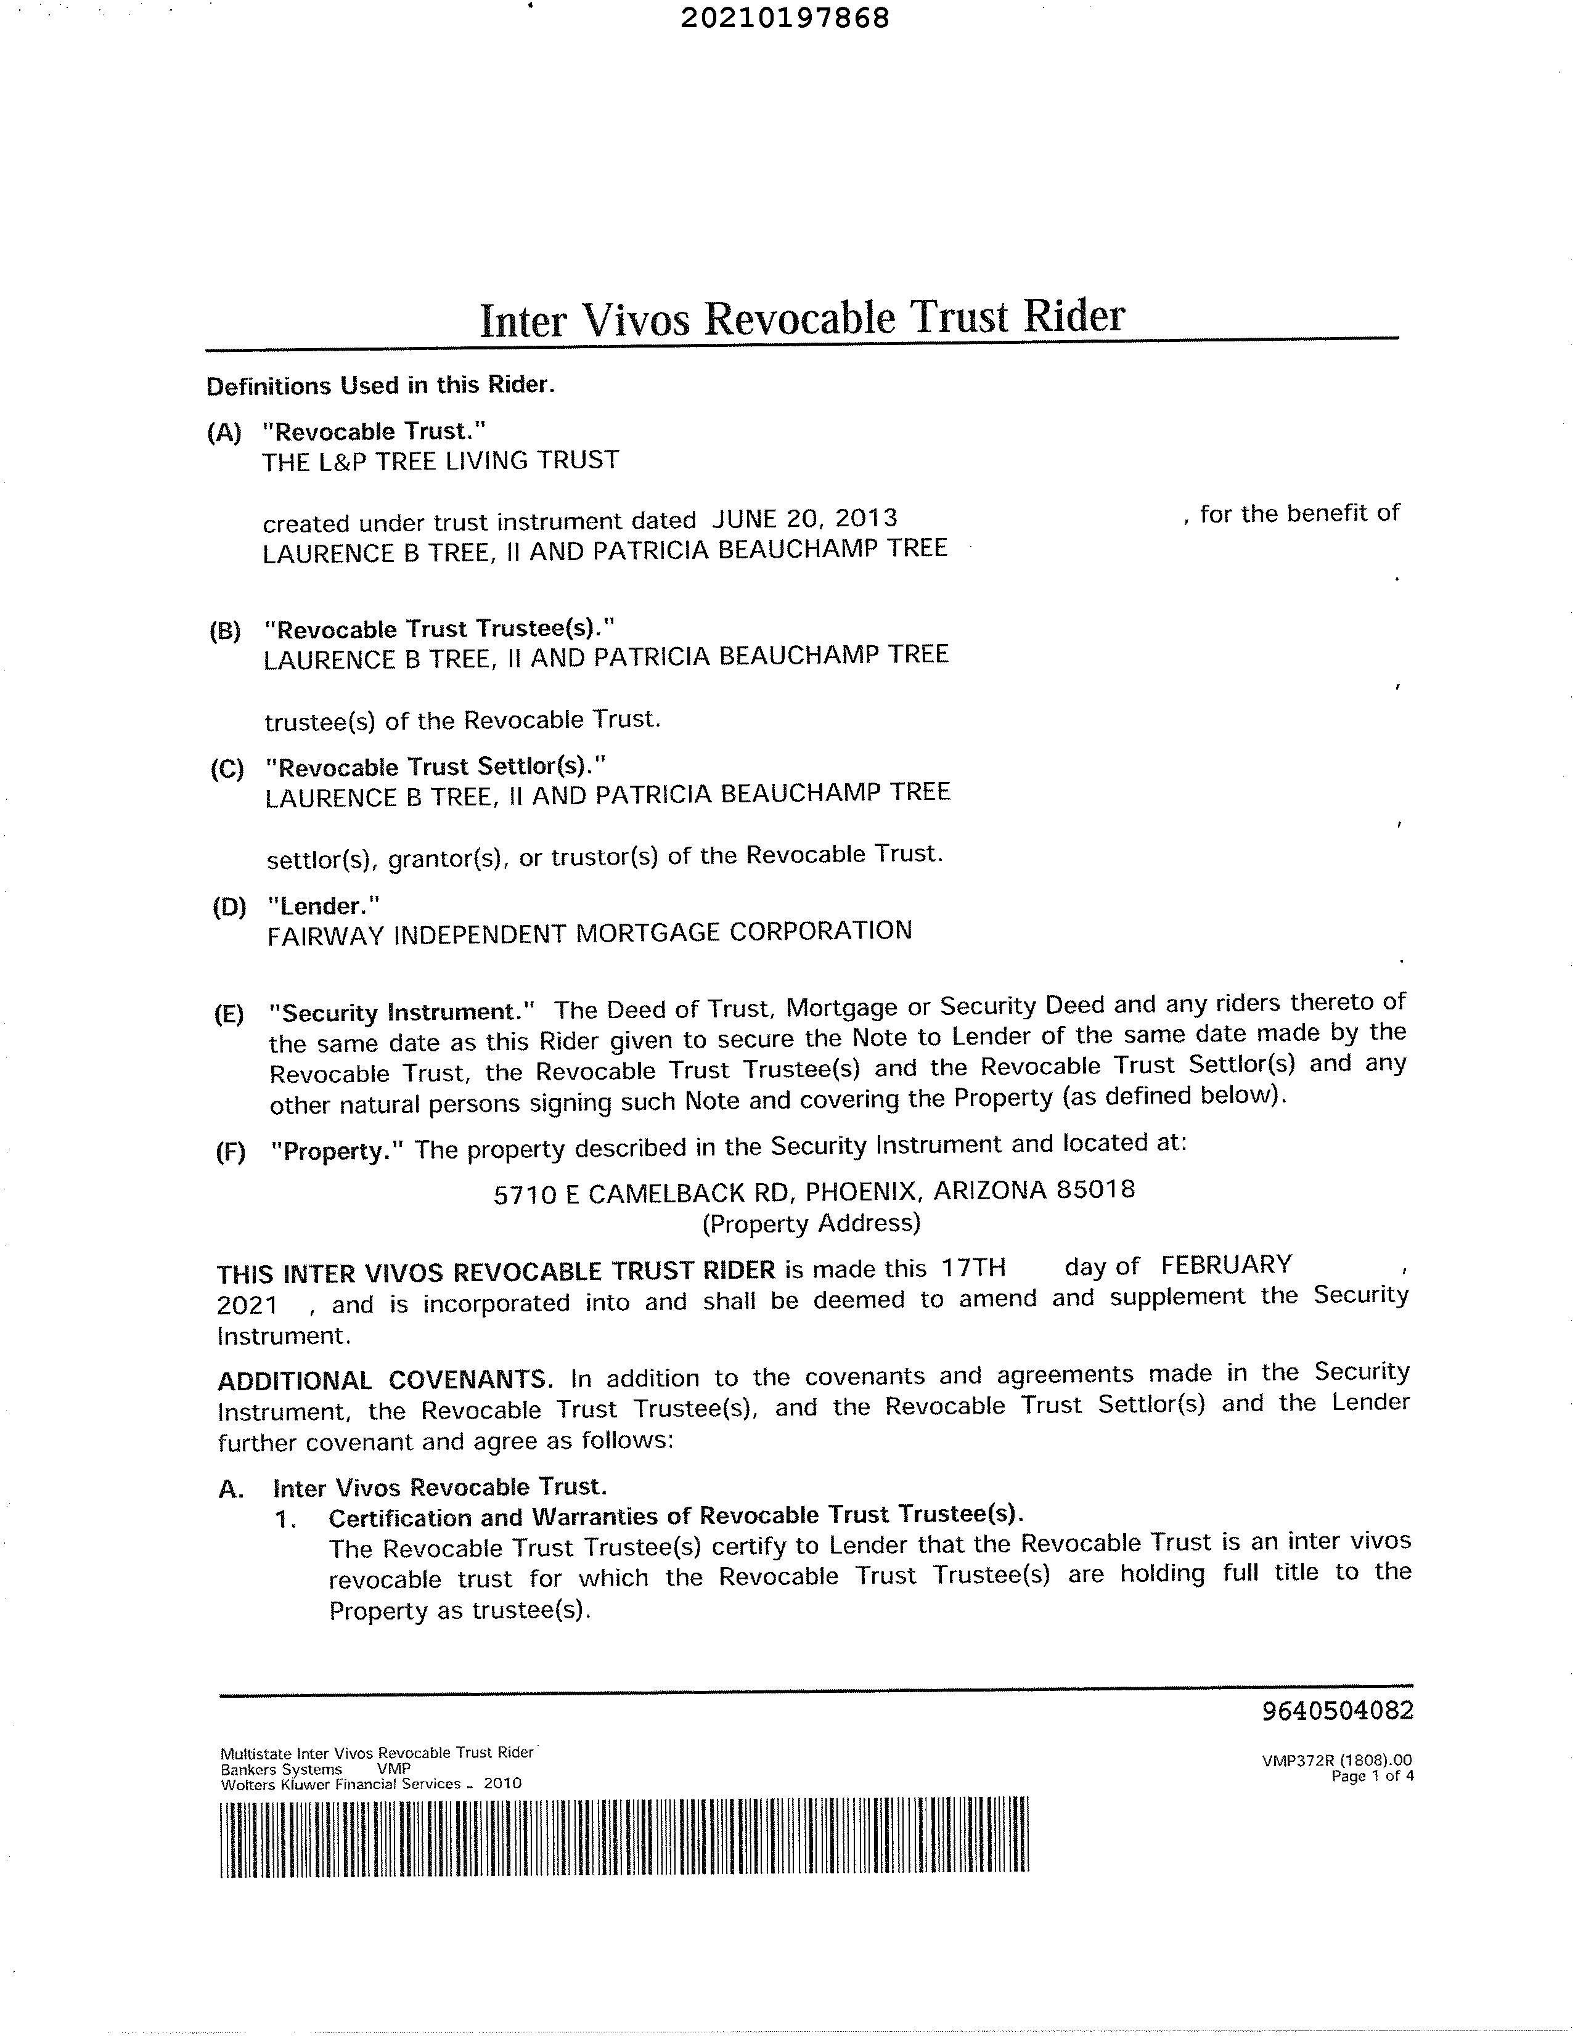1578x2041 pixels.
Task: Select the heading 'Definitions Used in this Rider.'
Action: (x=380, y=386)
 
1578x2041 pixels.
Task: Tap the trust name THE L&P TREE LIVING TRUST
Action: (x=440, y=461)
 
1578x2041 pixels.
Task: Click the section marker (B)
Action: (x=224, y=631)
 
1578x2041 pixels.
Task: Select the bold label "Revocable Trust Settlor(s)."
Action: (x=436, y=767)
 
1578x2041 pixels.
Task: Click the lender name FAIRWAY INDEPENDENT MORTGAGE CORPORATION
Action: (x=589, y=932)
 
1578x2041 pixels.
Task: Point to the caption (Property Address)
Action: (x=811, y=1223)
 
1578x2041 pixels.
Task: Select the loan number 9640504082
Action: (x=1338, y=1711)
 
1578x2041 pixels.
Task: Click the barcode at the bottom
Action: (x=624, y=1836)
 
